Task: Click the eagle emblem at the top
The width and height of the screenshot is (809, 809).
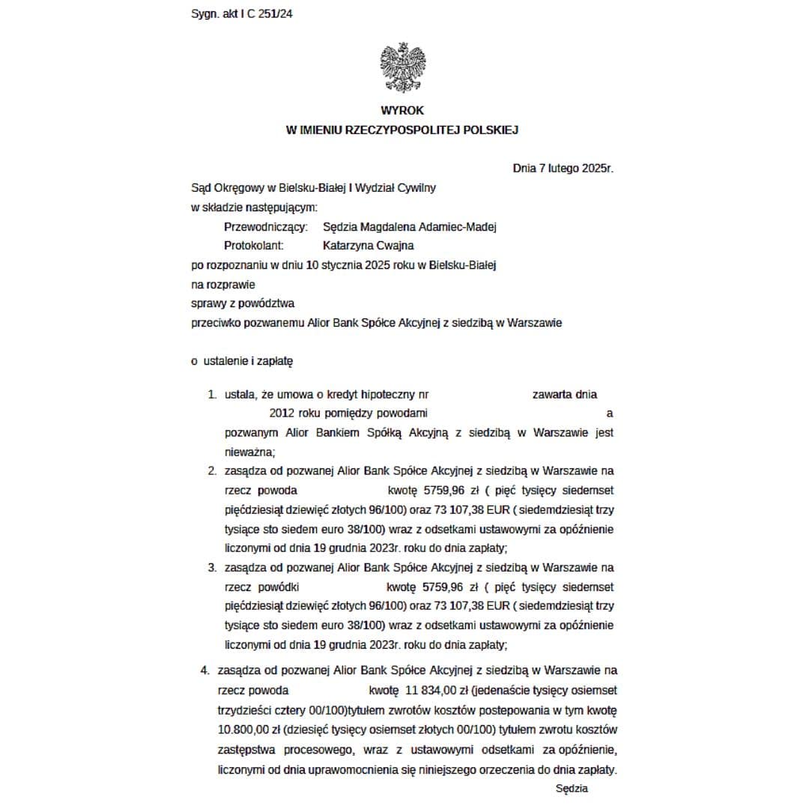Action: pos(403,67)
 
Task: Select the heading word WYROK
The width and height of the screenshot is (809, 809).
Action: pos(402,110)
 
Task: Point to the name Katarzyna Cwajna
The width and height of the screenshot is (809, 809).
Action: pos(369,245)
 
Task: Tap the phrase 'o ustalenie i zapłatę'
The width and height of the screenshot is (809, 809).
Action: pos(242,361)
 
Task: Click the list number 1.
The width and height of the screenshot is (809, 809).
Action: pos(212,395)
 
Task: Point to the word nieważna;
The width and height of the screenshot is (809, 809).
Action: pos(250,452)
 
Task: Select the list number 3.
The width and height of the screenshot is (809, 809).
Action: pos(212,567)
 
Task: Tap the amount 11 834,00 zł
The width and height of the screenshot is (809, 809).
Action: pos(439,690)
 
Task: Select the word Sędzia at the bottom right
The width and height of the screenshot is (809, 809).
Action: pos(572,788)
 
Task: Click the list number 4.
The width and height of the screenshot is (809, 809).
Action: pos(204,670)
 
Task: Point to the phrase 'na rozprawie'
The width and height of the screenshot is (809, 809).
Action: pos(222,284)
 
